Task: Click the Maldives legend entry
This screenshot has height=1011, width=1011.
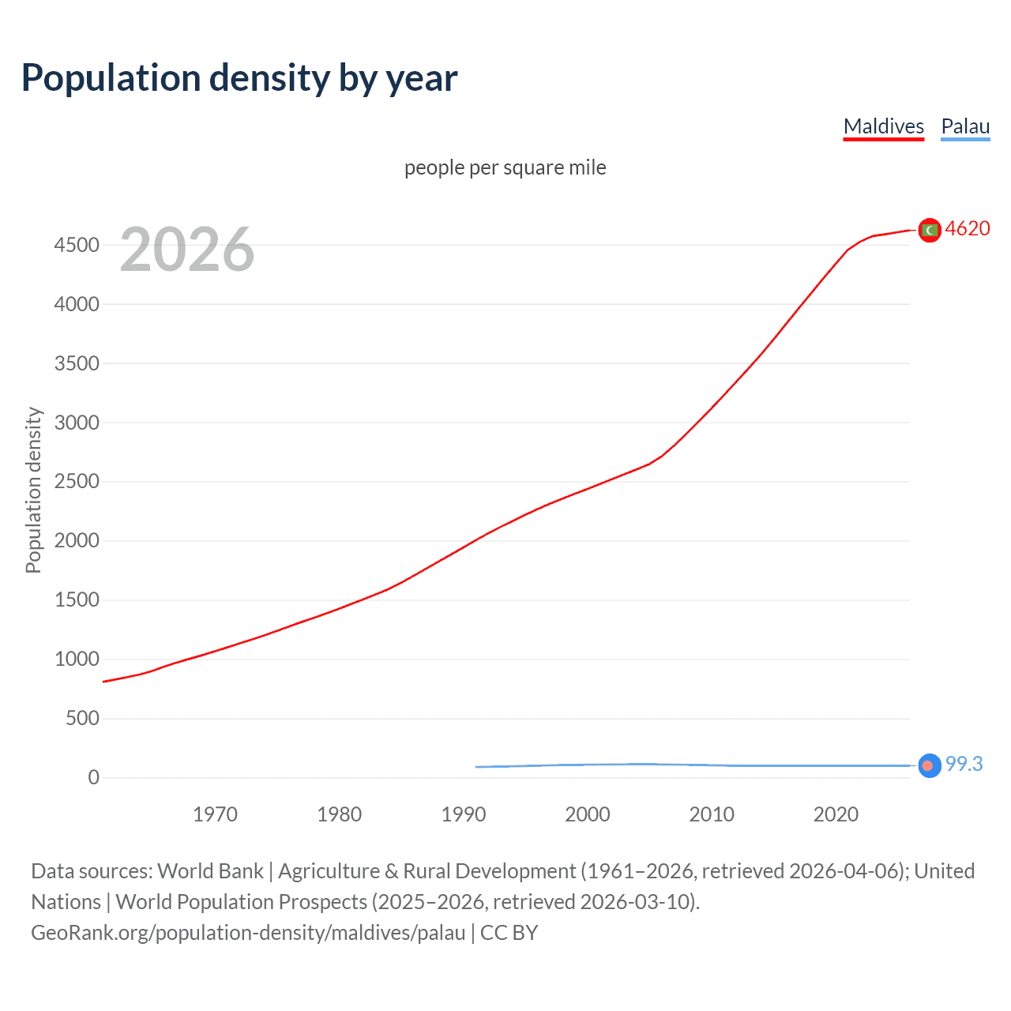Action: coord(883,126)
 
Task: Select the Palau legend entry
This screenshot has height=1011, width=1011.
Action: coord(965,126)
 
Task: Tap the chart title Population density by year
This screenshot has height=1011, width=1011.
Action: coord(239,78)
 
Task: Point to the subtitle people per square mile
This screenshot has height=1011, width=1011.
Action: coord(505,167)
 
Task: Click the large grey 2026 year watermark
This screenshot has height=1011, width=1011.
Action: coord(187,250)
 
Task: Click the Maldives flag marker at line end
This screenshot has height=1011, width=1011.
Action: coord(930,230)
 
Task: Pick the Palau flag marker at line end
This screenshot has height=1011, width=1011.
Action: coord(930,765)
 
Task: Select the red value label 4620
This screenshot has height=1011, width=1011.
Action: coord(967,228)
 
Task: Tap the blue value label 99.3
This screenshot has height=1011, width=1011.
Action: coord(964,764)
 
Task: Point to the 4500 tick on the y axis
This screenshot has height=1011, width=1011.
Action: coord(77,245)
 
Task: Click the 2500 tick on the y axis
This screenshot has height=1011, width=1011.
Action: coord(77,482)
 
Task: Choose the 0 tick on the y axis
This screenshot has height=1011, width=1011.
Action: coord(94,777)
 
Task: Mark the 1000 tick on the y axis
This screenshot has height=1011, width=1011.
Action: coord(77,659)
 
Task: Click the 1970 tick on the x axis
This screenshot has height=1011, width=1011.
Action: coord(215,814)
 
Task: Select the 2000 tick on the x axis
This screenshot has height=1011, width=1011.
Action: coord(587,814)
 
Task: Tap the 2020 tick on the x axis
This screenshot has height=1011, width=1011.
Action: coord(836,814)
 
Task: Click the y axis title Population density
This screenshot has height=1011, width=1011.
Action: coord(33,490)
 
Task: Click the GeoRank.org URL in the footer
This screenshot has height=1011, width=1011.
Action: coord(248,933)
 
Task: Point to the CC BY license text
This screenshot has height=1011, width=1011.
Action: coord(509,933)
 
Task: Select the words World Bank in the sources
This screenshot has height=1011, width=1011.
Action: coord(210,871)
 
